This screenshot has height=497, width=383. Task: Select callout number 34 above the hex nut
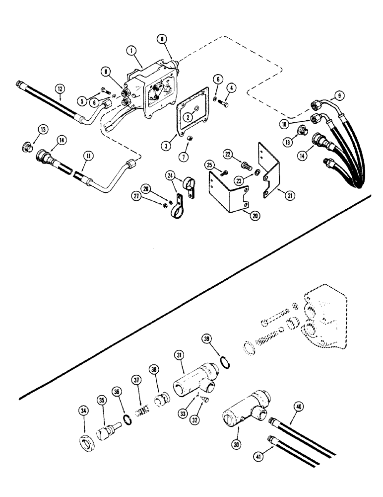(84, 411)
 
